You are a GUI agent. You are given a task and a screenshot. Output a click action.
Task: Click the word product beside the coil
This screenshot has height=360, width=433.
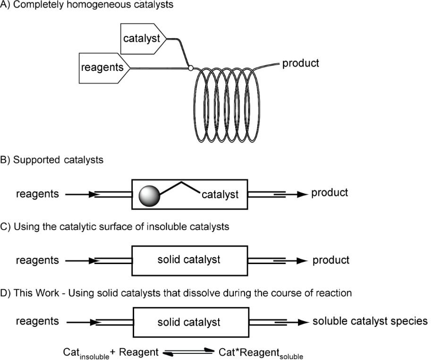coord(300,63)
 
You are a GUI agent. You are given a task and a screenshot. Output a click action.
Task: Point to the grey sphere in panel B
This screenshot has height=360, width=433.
coord(150,195)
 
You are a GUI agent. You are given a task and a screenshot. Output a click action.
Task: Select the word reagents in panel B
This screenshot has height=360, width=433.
coord(37,193)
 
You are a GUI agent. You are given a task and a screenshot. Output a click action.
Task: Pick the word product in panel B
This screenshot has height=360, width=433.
coord(330,193)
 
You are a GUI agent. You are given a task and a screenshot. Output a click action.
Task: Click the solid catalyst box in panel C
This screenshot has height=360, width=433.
coord(190,260)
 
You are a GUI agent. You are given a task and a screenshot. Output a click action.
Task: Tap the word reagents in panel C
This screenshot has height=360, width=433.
coord(37,259)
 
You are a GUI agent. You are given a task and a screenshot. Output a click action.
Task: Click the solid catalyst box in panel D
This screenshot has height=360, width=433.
coord(190,323)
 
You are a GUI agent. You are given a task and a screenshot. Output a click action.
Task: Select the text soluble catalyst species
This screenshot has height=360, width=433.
coord(370,322)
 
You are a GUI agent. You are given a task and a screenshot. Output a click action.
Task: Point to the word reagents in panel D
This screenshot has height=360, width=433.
coord(37,322)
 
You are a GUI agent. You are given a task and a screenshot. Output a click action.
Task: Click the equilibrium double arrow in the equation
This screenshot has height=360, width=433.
coord(188,352)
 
